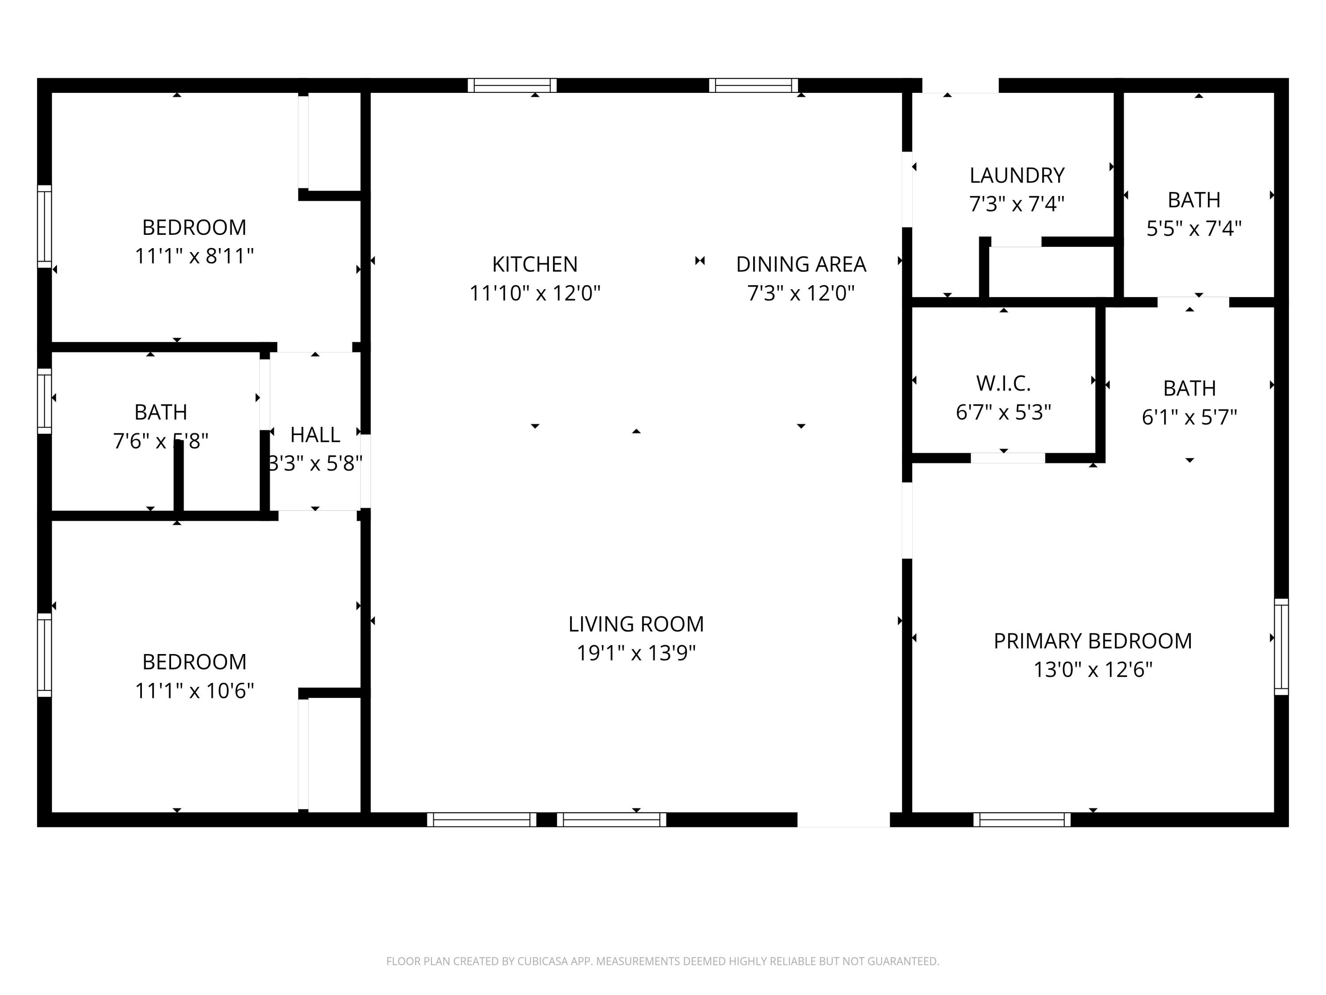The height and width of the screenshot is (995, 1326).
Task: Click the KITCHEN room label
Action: click(x=535, y=264)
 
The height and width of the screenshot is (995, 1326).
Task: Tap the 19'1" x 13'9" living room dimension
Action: click(x=636, y=653)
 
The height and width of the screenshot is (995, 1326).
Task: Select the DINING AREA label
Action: click(x=801, y=264)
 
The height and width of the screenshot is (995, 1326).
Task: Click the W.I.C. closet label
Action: click(x=1003, y=383)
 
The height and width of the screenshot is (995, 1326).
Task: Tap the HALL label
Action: click(x=315, y=435)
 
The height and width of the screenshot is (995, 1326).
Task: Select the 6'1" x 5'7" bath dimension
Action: click(x=1189, y=417)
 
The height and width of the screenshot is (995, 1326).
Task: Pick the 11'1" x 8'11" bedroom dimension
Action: click(x=194, y=256)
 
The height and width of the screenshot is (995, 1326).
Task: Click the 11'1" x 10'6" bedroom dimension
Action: click(x=194, y=691)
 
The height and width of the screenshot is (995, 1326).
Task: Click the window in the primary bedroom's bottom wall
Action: click(x=1021, y=819)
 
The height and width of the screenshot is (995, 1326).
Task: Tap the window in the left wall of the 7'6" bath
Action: click(x=44, y=401)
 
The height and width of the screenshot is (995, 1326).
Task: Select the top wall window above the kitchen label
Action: click(x=512, y=85)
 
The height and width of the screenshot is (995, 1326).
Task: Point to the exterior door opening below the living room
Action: click(x=843, y=819)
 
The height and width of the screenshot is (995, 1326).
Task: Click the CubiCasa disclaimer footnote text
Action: click(x=663, y=961)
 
